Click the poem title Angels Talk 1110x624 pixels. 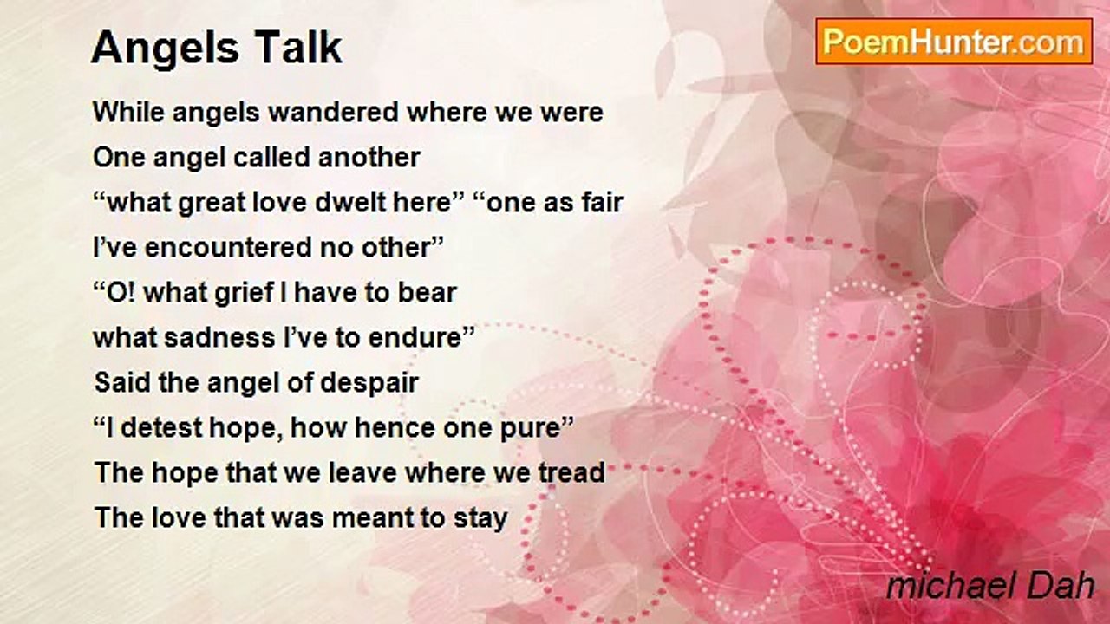pyautogui.click(x=217, y=49)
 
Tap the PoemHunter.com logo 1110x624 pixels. pyautogui.click(x=953, y=42)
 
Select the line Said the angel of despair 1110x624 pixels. pyautogui.click(x=257, y=383)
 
